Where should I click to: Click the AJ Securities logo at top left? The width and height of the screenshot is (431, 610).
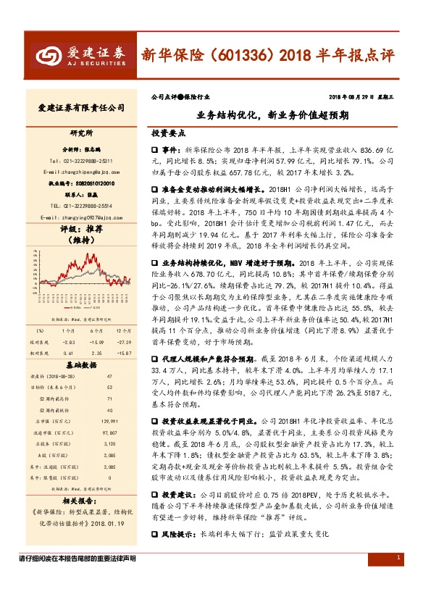[x=80, y=54]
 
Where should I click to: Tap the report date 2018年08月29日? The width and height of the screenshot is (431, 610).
[x=357, y=96]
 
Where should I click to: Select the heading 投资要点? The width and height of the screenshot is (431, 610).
[x=168, y=134]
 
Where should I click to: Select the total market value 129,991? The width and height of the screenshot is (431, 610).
[x=109, y=420]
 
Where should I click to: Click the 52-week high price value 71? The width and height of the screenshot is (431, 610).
[x=109, y=398]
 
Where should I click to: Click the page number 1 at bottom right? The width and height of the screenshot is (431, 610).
[x=398, y=598]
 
